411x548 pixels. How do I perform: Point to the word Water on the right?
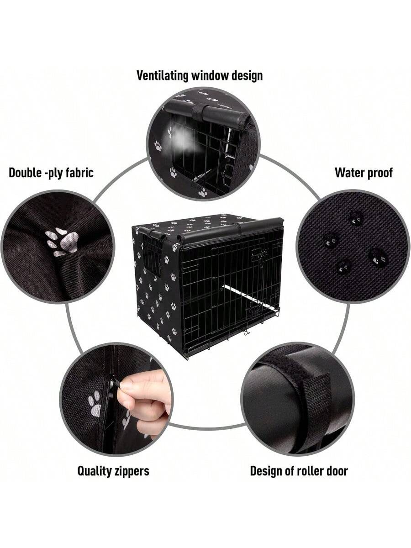[x=348, y=173]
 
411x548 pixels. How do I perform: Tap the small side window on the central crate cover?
[x=152, y=257]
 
